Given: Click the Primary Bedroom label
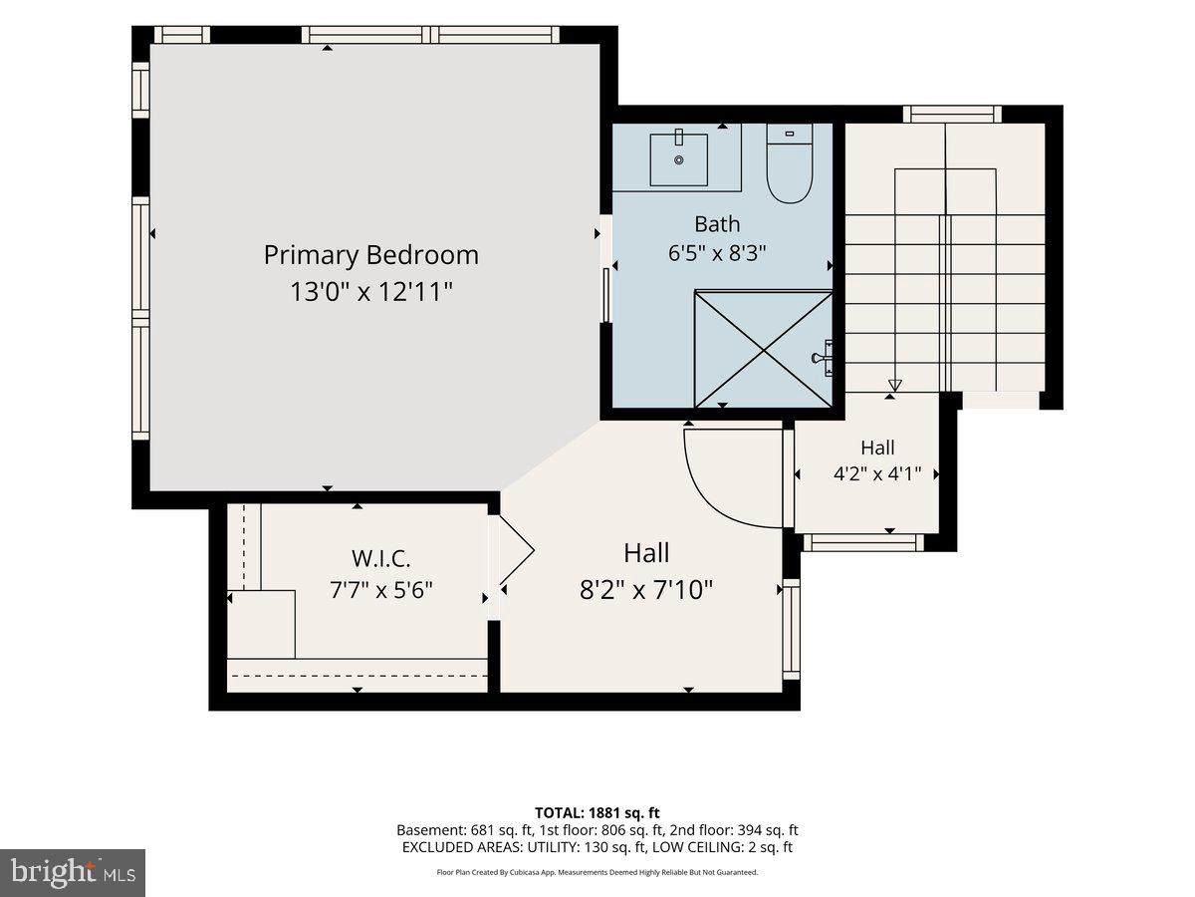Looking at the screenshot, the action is tap(370, 255).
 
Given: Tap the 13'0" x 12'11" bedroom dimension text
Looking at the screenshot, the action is tap(371, 291).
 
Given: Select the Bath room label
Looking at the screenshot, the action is tap(717, 224).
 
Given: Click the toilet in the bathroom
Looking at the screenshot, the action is tap(790, 163).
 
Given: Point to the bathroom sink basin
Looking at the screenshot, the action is tap(679, 160).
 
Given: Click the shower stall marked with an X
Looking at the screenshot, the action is tap(763, 349).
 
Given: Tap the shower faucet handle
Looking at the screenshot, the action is tap(822, 358).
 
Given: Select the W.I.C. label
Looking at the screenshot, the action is tap(380, 558).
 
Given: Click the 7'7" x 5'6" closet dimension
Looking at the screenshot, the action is tap(381, 590).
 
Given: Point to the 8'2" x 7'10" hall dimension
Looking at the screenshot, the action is tap(646, 589).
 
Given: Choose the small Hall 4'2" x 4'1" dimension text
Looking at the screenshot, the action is tap(877, 473).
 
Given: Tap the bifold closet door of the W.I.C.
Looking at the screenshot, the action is tap(517, 550).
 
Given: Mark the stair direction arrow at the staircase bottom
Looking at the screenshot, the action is tap(895, 385).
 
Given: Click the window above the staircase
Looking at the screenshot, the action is tap(952, 114).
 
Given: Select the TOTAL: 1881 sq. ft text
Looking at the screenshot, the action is tap(597, 812).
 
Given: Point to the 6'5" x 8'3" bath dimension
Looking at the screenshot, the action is tap(717, 253).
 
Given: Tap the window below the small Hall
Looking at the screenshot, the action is tap(863, 542).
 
